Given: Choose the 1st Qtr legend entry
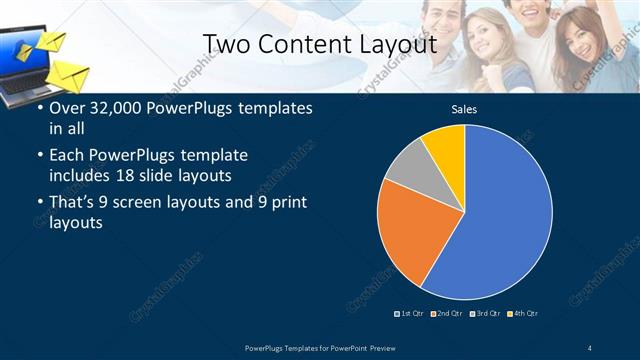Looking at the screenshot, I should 410,314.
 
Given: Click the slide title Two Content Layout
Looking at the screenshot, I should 319,44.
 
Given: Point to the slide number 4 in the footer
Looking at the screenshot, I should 590,347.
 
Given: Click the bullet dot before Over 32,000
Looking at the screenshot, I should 39,108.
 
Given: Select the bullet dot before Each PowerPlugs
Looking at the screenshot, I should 39,156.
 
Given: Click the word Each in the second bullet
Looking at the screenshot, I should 67,156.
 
